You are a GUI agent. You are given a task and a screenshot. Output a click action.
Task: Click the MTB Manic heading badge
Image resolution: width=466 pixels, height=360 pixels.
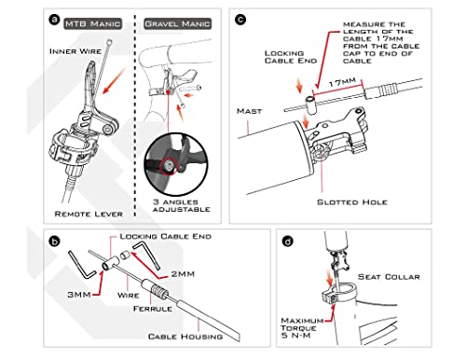(92, 24)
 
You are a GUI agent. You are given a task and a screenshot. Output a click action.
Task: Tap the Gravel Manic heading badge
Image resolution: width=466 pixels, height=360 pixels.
(178, 24)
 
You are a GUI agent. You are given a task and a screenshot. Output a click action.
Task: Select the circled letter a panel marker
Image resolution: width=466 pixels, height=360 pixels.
(54, 20)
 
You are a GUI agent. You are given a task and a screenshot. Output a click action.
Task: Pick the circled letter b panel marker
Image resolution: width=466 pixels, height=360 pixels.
(55, 242)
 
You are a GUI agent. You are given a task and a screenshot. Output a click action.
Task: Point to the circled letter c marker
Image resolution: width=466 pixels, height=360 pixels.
(240, 20)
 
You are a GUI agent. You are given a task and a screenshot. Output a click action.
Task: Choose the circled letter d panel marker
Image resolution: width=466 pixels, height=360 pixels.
(288, 242)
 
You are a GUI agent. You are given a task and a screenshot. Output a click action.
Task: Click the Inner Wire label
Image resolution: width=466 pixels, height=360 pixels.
(75, 51)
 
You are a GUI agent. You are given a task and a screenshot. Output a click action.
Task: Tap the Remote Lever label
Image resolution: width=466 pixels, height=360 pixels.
(89, 214)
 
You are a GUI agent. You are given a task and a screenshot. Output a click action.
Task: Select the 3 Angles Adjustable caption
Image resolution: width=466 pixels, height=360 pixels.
(182, 205)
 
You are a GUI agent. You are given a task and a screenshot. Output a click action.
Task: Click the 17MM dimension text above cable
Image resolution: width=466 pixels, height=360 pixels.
(342, 82)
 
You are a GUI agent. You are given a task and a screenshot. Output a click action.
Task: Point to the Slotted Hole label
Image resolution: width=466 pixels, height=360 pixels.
(352, 202)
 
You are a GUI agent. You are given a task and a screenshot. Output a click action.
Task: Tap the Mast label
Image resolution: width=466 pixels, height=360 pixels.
(250, 111)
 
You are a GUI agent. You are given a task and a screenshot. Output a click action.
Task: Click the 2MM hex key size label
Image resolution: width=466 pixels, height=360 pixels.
(183, 274)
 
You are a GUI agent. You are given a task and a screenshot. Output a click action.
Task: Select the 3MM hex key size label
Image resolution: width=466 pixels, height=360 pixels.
(79, 295)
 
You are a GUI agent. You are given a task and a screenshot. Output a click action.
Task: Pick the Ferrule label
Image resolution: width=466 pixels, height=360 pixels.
(153, 309)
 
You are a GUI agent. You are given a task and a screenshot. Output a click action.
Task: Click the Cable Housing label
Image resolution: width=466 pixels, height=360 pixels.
(185, 337)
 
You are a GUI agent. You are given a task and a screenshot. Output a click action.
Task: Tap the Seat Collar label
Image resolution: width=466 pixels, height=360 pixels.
(389, 277)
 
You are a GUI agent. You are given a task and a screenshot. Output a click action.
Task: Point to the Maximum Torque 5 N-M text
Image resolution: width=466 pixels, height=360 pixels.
(302, 328)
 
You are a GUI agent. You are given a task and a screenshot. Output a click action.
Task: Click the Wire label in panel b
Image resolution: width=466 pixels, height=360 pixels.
(129, 295)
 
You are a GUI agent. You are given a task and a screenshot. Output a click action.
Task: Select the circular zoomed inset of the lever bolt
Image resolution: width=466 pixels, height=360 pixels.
(176, 164)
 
